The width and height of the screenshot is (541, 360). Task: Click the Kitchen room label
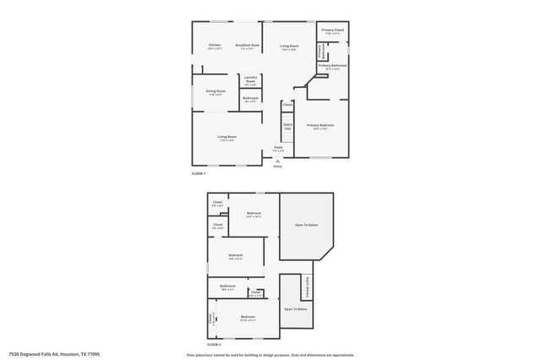[x=214, y=46]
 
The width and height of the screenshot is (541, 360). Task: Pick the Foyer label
[x=278, y=148]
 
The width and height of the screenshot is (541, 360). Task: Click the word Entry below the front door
[x=277, y=166]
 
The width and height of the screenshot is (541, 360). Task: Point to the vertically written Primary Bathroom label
[x=320, y=51]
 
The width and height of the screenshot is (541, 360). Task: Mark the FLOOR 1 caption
[x=199, y=172]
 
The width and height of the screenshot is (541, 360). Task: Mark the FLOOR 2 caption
[x=215, y=345]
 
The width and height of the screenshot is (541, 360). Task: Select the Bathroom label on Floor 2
[x=228, y=286]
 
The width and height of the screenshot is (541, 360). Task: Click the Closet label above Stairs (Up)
[x=287, y=105]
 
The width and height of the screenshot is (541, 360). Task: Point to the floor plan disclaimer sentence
[x=270, y=355]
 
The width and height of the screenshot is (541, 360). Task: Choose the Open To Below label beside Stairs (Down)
[x=295, y=309]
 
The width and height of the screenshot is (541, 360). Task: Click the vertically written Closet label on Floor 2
[x=211, y=319]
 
